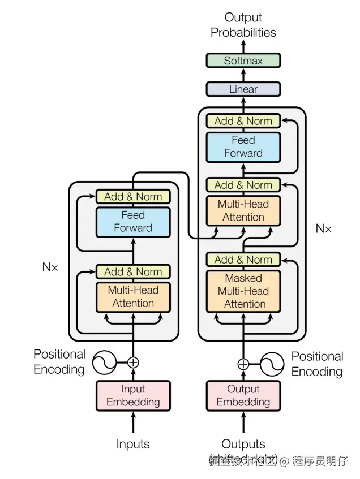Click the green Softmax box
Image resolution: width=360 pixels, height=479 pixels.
pyautogui.click(x=243, y=61)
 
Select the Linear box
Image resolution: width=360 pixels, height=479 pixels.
pyautogui.click(x=243, y=89)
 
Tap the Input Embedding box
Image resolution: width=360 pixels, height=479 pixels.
pyautogui.click(x=133, y=395)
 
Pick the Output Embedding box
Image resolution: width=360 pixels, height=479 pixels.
pyautogui.click(x=243, y=395)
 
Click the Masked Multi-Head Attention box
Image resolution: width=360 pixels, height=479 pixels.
pyautogui.click(x=244, y=291)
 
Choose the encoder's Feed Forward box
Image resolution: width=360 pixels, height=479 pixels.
pyautogui.click(x=133, y=222)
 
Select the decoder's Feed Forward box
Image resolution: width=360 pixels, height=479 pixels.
pyautogui.click(x=243, y=146)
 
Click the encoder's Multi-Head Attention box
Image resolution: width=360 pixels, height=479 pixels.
pyautogui.click(x=133, y=296)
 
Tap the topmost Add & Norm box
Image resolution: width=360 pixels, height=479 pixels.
pyautogui.click(x=243, y=120)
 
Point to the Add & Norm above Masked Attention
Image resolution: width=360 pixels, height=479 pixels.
pyautogui.click(x=243, y=260)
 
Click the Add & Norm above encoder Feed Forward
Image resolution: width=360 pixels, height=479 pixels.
pyautogui.click(x=133, y=197)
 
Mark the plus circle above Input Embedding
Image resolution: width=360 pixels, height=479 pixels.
pyautogui.click(x=133, y=362)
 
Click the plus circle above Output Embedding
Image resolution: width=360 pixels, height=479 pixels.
pyautogui.click(x=243, y=364)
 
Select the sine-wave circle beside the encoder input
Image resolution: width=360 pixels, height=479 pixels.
pyautogui.click(x=104, y=363)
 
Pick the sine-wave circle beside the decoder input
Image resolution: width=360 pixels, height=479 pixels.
pyautogui.click(x=272, y=364)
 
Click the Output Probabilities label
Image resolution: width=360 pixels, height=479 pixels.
pyautogui.click(x=243, y=25)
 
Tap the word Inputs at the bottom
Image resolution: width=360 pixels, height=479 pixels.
pyautogui.click(x=133, y=444)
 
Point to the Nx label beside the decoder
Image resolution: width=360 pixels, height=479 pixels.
pyautogui.click(x=324, y=228)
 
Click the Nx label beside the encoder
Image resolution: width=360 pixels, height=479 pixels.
pyautogui.click(x=50, y=267)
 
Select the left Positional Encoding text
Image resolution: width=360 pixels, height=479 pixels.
pyautogui.click(x=59, y=362)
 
